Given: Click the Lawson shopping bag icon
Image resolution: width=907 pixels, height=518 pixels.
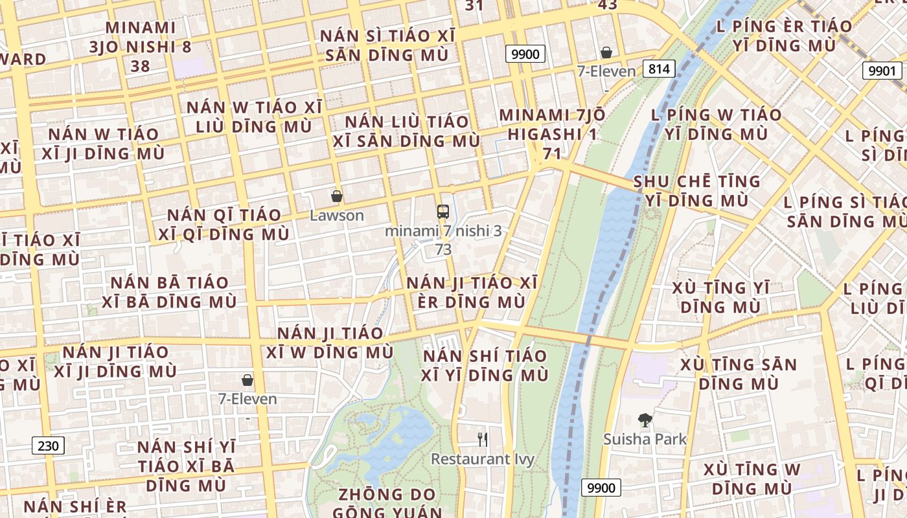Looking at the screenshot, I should coord(336,196).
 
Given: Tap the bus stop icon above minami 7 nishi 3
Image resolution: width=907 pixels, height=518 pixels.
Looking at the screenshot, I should coord(443,211).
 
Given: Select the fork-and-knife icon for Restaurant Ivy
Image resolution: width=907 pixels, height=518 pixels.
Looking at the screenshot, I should coord(482,440).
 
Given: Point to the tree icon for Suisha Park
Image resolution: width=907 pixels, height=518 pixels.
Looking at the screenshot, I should coord(645,420).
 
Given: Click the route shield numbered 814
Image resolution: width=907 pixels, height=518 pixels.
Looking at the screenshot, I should coord(660,69).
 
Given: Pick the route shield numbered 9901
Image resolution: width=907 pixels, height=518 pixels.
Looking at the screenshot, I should coord(882,71).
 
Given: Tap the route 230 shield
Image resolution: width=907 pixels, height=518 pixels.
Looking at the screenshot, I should coord(48,445).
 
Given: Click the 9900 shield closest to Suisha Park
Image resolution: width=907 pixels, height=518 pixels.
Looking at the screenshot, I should coord(601,488).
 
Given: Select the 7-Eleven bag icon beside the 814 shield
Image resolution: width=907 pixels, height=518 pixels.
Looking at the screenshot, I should coord(606,52).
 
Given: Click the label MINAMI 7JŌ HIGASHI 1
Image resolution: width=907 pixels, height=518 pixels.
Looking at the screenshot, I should coord(553,125).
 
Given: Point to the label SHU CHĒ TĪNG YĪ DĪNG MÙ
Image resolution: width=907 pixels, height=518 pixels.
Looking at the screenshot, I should coord(697,190).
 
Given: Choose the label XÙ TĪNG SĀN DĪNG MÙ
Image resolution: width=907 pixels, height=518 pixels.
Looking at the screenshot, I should coord(739,374).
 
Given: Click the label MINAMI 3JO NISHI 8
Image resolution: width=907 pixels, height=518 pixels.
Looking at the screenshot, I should coord(141,38).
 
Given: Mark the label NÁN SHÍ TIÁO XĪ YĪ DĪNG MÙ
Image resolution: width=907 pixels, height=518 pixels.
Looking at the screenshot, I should coord(485,365).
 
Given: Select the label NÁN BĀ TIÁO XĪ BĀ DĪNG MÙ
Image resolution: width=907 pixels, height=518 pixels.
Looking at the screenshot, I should coord(169,292).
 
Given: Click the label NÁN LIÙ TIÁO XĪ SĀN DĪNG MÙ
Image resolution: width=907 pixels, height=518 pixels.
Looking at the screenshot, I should coord(406,131).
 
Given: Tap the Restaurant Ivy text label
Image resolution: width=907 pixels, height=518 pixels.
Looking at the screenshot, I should coord(483,459).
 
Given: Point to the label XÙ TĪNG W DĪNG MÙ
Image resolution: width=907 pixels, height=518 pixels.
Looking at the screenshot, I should coord(752,478).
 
